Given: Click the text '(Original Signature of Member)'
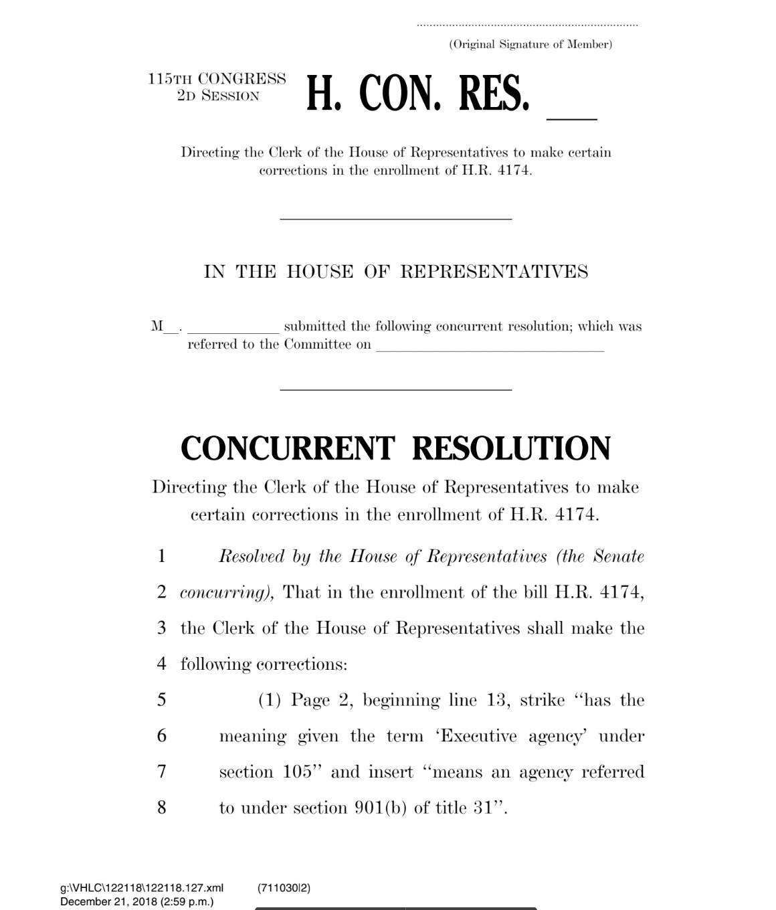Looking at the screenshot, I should click(530, 45).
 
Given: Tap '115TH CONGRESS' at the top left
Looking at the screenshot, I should click(217, 79).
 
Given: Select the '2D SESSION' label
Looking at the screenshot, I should click(218, 96).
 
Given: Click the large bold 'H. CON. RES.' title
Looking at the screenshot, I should click(418, 94).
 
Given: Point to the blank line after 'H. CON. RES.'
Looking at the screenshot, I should click(571, 117).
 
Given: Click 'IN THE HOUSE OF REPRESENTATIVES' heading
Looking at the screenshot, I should click(396, 272).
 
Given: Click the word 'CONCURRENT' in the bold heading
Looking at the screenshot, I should click(288, 448).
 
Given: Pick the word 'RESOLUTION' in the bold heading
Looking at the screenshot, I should click(511, 448).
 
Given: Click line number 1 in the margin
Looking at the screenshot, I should click(161, 557).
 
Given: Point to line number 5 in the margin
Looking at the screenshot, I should click(161, 700).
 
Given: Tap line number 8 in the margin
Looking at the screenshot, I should click(161, 808).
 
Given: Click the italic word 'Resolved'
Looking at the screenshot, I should click(252, 557).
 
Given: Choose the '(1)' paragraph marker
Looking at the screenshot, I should click(270, 701).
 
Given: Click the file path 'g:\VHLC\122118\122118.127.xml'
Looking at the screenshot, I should click(142, 888).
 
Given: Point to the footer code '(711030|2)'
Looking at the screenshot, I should click(284, 888).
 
